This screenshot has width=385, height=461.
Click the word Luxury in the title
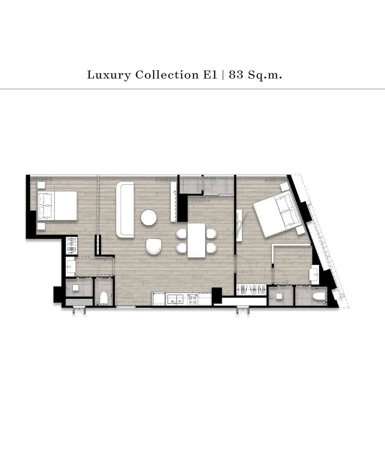(x=109, y=75)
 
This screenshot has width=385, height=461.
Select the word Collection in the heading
(x=167, y=75)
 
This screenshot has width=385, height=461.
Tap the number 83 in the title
(x=236, y=75)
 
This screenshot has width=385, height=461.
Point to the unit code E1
(x=210, y=75)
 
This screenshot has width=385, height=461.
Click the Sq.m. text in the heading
(x=265, y=75)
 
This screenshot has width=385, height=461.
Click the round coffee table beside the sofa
(x=149, y=217)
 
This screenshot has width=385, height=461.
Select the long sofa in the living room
(x=125, y=210)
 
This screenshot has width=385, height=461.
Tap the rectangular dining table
(x=197, y=241)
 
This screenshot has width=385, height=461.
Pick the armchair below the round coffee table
(x=154, y=246)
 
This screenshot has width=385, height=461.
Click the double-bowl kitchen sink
(x=175, y=299)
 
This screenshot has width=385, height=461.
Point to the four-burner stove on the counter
(x=193, y=300)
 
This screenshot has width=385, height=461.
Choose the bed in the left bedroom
(x=57, y=206)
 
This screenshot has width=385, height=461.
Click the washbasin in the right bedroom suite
(x=315, y=275)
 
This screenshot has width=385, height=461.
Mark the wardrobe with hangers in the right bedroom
(x=251, y=290)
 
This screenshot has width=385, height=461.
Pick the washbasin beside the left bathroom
(x=71, y=267)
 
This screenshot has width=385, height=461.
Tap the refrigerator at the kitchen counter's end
(x=158, y=299)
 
